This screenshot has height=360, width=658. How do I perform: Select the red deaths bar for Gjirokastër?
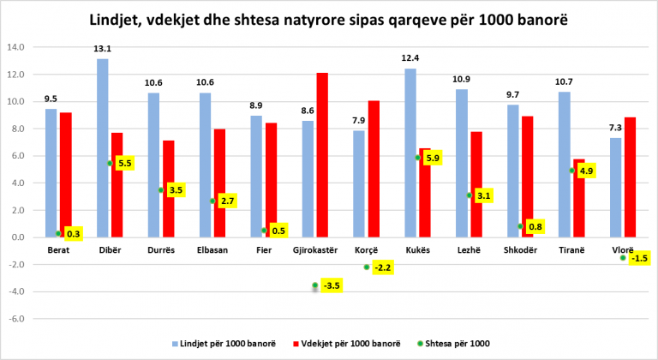(x=322, y=154)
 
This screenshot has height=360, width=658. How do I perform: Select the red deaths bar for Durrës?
(x=169, y=189)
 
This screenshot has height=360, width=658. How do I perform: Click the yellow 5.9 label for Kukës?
(x=433, y=158)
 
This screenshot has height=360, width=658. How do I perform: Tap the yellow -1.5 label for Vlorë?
(x=637, y=258)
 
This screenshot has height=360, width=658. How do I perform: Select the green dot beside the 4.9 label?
(x=572, y=171)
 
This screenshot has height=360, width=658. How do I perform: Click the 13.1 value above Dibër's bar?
(x=103, y=50)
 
